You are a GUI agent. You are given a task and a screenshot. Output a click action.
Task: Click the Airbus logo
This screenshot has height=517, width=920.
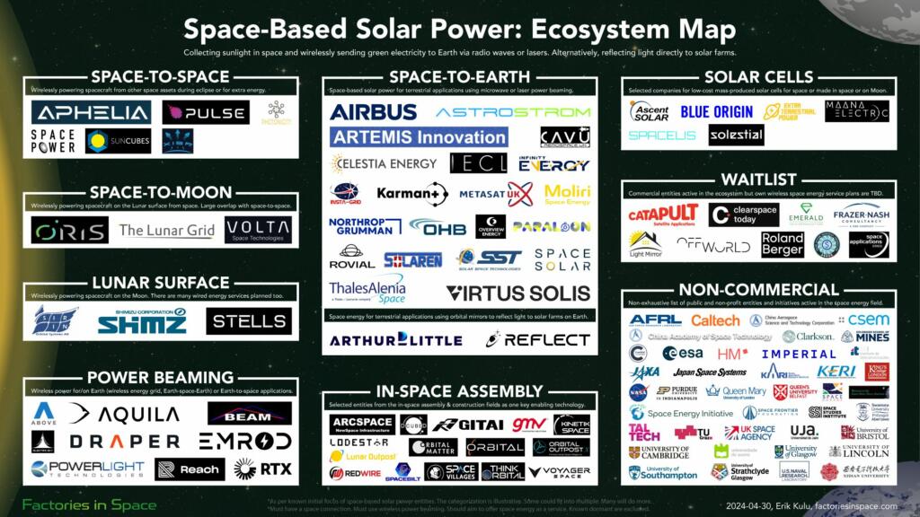click(373, 112)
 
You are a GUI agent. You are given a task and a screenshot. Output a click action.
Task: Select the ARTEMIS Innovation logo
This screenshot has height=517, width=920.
click(419, 137)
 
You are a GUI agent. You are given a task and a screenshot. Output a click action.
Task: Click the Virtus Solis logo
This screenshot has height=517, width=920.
click(518, 293)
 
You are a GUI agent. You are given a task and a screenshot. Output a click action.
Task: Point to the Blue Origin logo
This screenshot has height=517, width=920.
click(716, 112)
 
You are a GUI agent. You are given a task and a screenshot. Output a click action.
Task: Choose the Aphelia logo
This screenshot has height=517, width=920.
click(91, 112)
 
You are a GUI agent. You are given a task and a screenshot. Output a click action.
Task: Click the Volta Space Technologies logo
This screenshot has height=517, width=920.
click(258, 230)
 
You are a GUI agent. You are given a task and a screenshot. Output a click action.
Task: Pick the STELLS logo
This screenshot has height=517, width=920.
click(249, 320)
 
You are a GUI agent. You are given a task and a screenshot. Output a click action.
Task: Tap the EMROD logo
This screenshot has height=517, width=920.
click(244, 441)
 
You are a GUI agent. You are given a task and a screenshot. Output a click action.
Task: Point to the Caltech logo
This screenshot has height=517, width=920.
click(715, 320)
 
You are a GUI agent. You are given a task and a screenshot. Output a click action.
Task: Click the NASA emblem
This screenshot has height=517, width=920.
click(638, 391)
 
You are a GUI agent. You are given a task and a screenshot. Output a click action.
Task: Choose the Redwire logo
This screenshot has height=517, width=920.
click(349, 472)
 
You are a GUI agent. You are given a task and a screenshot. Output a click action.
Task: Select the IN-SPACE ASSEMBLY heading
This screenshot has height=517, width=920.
click(459, 392)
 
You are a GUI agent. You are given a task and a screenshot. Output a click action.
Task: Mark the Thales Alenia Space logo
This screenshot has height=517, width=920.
click(367, 289)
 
